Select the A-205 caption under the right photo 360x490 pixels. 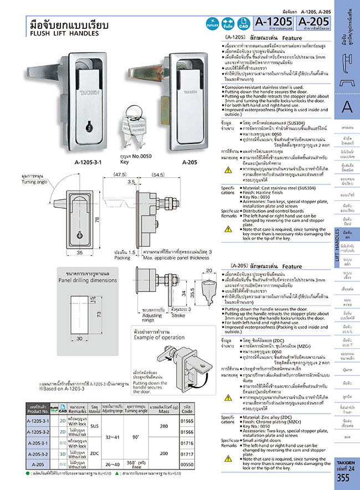click(x=174, y=163)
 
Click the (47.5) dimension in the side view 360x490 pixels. click(x=119, y=174)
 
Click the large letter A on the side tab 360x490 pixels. click(x=347, y=107)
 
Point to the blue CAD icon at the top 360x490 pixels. click(x=241, y=24)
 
